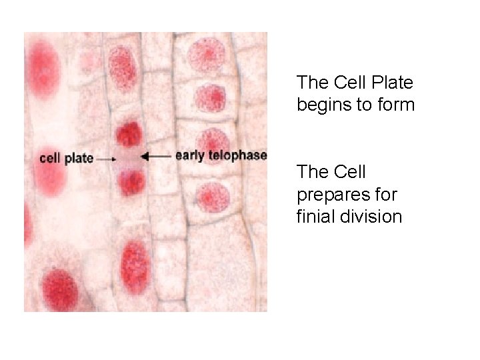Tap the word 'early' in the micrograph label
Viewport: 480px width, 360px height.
(x=189, y=156)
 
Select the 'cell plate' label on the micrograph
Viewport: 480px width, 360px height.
(x=66, y=159)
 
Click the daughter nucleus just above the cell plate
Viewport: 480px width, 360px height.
(x=128, y=134)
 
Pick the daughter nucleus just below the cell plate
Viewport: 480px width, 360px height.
(x=131, y=181)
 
